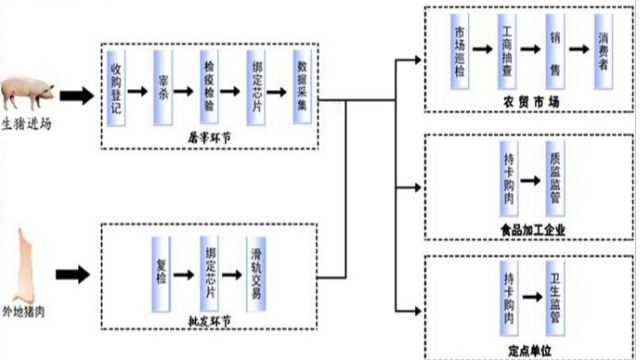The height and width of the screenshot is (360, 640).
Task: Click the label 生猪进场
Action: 26,124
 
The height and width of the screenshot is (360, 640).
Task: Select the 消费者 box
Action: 601,51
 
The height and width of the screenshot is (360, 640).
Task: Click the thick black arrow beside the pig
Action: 75,95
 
